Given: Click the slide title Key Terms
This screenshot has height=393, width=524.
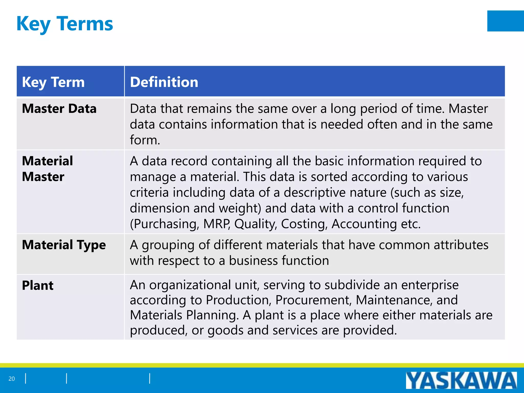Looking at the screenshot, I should [x=64, y=24].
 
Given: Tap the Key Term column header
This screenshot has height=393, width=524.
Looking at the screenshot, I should [x=53, y=82].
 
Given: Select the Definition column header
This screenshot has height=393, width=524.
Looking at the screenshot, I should [x=164, y=82].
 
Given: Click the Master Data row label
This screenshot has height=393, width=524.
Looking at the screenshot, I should [x=59, y=108].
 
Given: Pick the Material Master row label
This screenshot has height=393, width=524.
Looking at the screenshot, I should [x=47, y=169].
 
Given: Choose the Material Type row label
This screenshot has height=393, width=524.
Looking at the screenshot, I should [x=64, y=245].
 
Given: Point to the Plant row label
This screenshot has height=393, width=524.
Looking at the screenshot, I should [x=38, y=285].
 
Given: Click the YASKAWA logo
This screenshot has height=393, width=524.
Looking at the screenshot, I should [x=461, y=380].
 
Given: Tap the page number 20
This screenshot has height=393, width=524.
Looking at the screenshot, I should [x=12, y=379].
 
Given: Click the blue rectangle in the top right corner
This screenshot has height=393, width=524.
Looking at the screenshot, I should [x=505, y=21].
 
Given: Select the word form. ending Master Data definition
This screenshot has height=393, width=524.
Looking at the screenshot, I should [x=145, y=140].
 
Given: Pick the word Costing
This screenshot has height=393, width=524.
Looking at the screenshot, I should [x=304, y=224].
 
